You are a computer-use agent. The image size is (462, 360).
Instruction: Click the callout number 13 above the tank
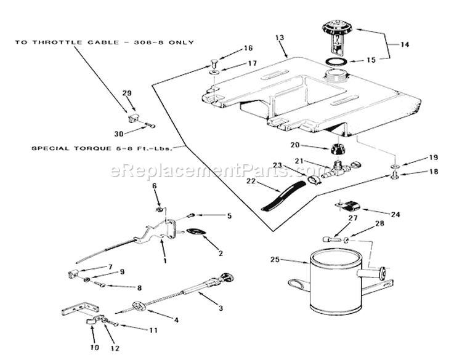click(280, 38)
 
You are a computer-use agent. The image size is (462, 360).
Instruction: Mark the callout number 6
click(155, 186)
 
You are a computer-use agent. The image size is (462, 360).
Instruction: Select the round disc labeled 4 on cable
click(140, 306)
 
